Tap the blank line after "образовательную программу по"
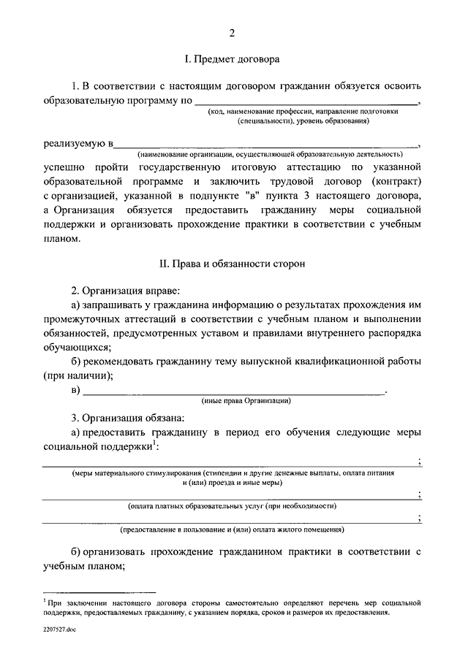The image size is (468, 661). (x=307, y=104)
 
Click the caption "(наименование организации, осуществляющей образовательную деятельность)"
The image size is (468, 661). (x=271, y=155)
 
